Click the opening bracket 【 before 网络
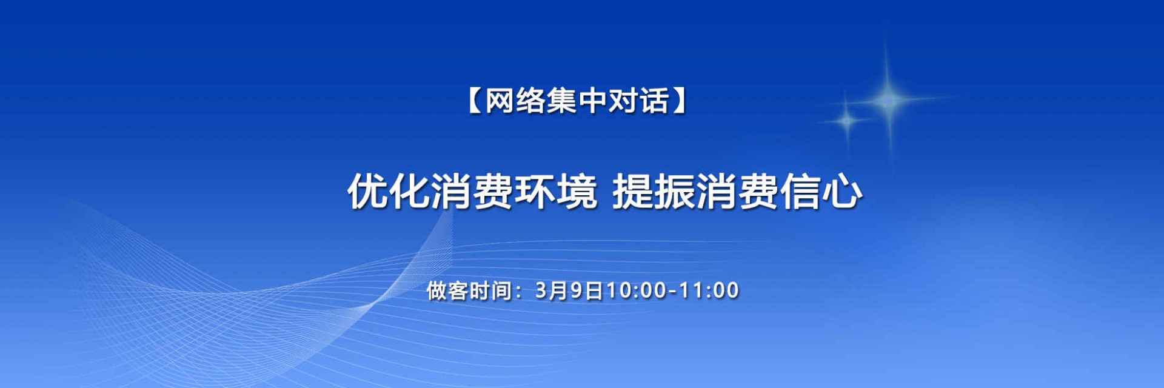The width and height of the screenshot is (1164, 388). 474,101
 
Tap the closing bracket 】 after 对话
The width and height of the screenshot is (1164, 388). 680,101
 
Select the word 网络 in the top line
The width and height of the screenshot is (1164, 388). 514,101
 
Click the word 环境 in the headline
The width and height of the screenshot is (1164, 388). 556,192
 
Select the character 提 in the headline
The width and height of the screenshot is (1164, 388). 633,192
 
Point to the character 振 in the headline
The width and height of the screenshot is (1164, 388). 675,192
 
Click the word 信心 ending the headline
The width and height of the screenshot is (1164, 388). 821,192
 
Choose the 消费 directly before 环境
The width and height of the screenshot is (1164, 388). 472,192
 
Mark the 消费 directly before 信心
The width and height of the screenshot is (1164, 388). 737,192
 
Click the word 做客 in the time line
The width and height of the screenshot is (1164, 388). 447,290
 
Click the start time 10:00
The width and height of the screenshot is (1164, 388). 637,290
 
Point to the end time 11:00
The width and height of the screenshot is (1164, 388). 708,290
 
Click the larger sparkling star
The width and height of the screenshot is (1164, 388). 888,99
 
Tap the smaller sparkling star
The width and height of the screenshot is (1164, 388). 847,121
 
